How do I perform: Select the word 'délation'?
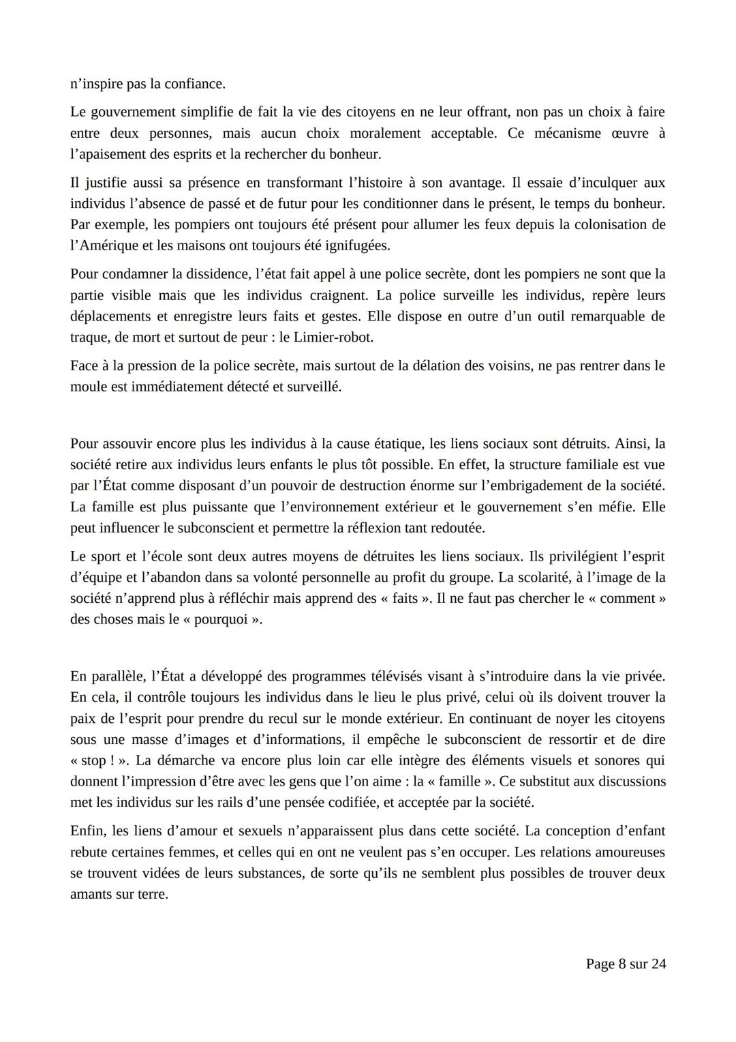(x=433, y=366)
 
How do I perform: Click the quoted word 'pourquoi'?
(x=220, y=620)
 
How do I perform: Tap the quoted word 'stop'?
(x=93, y=761)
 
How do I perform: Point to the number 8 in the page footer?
(x=622, y=964)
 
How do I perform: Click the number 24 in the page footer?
(x=658, y=964)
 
